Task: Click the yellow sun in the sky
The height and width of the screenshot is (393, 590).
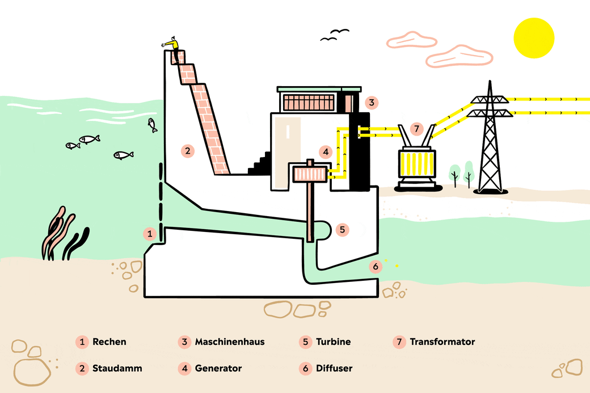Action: click(x=533, y=37)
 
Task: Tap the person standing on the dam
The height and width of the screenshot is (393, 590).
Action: click(x=174, y=48)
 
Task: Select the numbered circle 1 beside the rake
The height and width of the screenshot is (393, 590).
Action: click(x=149, y=233)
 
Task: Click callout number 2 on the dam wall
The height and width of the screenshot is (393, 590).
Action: click(x=188, y=151)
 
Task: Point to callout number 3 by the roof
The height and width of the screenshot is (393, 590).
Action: click(x=371, y=103)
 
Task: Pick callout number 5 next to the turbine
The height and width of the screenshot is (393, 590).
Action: click(x=341, y=230)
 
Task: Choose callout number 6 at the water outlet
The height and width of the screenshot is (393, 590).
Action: click(x=374, y=266)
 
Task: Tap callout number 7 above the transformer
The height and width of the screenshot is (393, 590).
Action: click(x=416, y=129)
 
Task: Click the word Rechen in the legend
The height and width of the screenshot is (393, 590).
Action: click(x=109, y=342)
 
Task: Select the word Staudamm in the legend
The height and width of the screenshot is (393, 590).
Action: click(x=117, y=368)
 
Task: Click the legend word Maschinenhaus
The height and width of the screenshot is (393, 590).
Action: click(x=230, y=342)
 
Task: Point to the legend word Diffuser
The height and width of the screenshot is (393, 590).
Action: click(x=334, y=368)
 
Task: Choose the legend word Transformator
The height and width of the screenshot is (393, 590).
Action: click(x=442, y=342)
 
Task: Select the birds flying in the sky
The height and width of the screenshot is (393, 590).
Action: click(x=335, y=35)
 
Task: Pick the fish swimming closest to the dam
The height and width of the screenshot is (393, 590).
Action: click(x=152, y=124)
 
